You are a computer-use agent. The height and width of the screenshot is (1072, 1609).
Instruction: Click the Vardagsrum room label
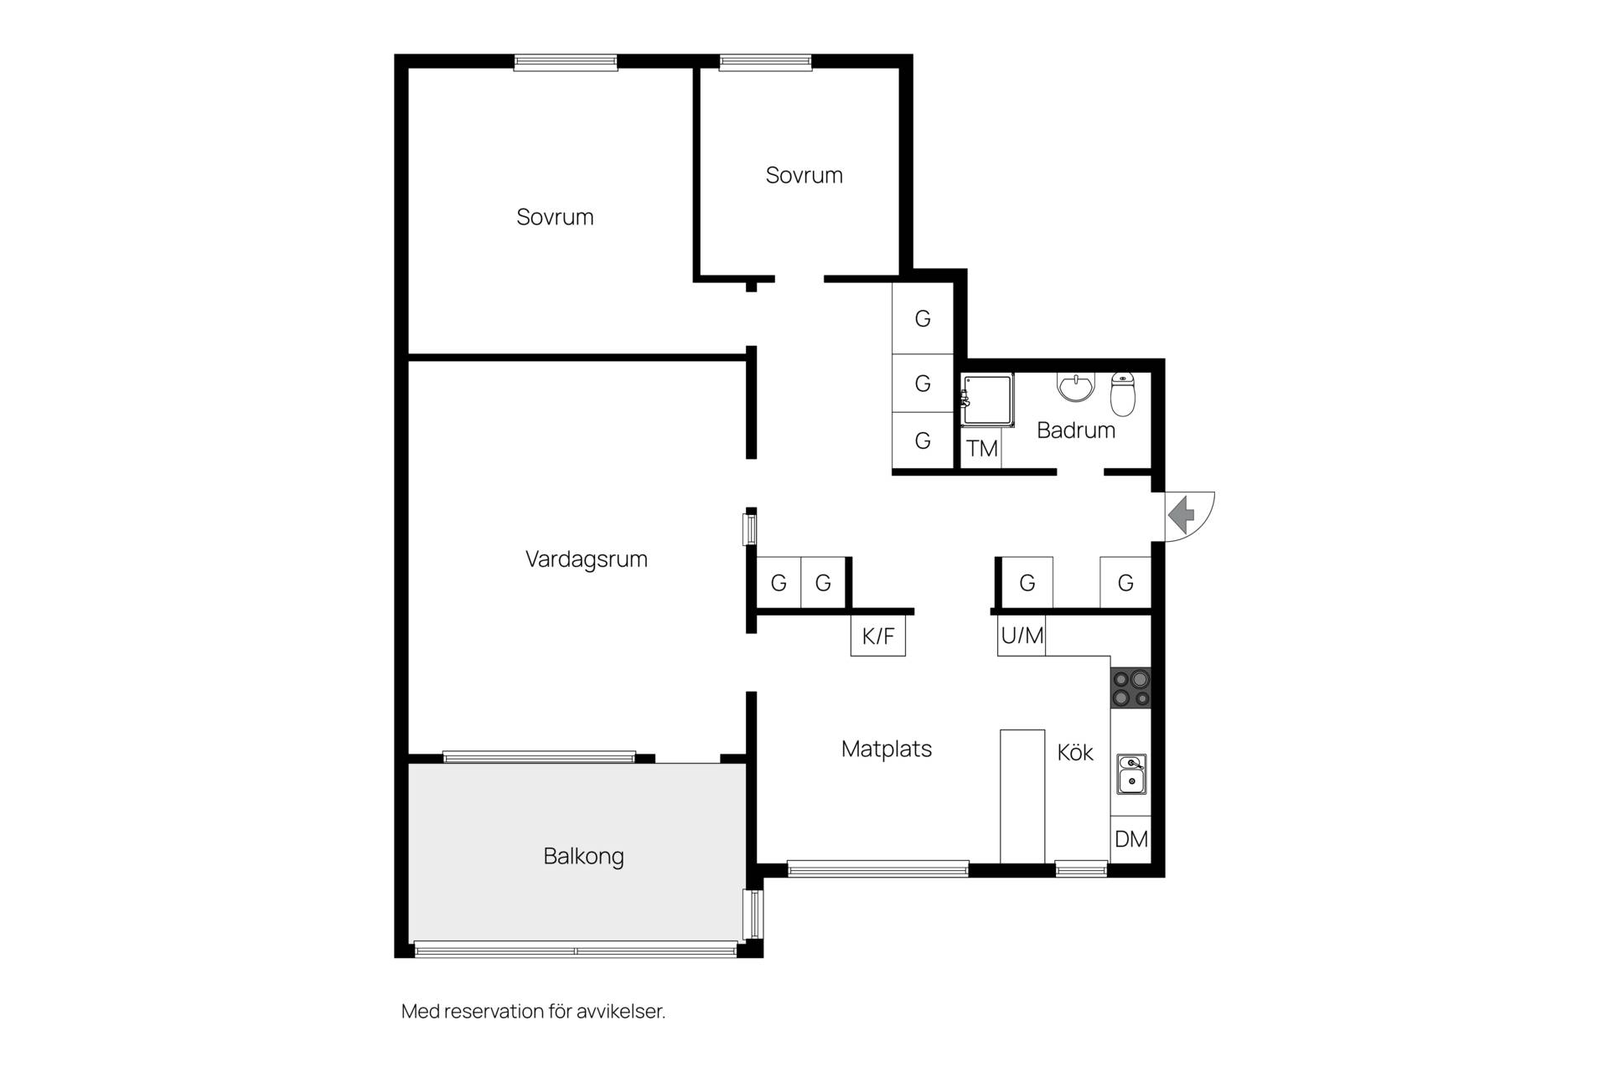click(x=586, y=559)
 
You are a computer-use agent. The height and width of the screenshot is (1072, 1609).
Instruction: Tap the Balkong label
click(x=583, y=857)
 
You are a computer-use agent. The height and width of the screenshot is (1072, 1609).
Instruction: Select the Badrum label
click(x=1076, y=430)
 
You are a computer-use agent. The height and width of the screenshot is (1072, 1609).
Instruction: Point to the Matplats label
click(x=887, y=749)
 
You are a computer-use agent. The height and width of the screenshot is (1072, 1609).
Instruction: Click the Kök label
click(x=1075, y=753)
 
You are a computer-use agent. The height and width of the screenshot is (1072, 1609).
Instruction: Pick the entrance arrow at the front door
click(x=1182, y=514)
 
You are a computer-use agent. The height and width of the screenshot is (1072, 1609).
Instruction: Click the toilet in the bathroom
click(x=1123, y=394)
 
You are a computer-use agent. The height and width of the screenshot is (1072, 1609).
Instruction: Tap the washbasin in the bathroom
click(x=1076, y=387)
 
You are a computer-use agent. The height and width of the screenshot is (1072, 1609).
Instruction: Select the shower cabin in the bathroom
click(x=987, y=399)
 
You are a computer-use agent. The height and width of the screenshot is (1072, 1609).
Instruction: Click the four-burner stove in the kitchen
click(x=1130, y=688)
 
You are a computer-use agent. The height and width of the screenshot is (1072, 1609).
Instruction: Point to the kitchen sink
click(x=1131, y=774)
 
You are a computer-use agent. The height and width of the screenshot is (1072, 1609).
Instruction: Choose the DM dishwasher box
click(x=1131, y=839)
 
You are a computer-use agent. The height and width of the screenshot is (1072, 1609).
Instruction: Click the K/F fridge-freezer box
click(x=878, y=636)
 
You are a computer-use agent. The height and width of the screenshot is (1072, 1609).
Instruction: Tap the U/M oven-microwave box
click(x=1022, y=636)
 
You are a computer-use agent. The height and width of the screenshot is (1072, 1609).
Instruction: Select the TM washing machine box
click(x=981, y=449)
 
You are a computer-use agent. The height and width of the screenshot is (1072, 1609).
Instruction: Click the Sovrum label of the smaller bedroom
click(x=804, y=175)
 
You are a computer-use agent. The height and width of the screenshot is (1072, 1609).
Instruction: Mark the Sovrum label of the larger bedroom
click(x=555, y=217)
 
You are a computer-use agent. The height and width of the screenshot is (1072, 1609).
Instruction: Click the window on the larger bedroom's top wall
click(x=566, y=62)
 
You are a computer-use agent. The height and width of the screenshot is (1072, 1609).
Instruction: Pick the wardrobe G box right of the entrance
click(x=1125, y=583)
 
